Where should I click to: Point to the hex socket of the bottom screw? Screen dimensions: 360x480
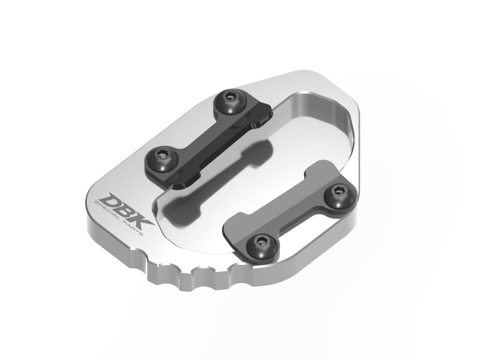coord(260,242)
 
